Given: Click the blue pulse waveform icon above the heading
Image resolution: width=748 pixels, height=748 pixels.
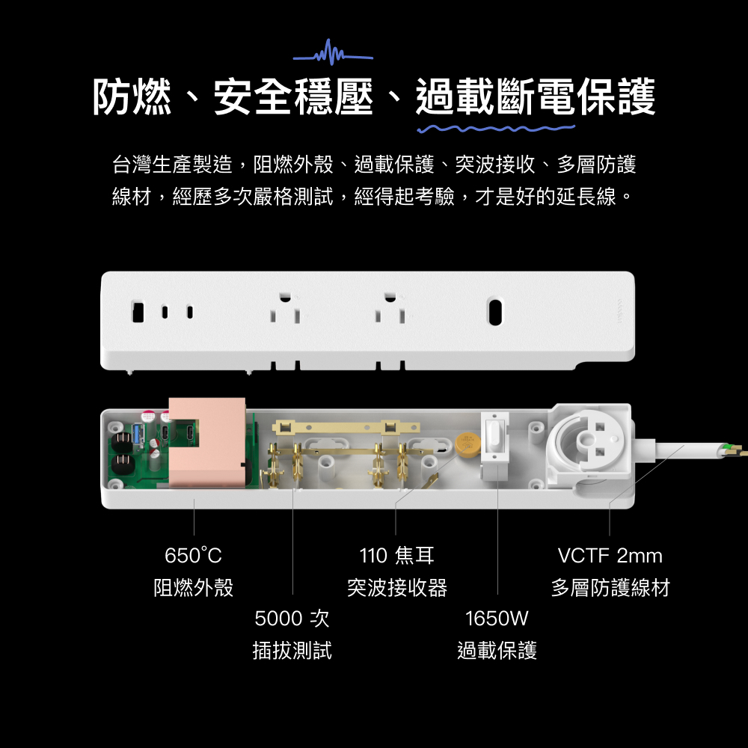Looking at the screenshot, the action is pyautogui.click(x=333, y=53).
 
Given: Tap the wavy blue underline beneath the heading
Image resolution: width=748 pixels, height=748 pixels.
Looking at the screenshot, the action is pyautogui.click(x=496, y=129).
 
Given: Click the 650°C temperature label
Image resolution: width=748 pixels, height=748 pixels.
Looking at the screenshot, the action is pyautogui.click(x=193, y=555).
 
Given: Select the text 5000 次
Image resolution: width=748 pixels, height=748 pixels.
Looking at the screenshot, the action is pyautogui.click(x=292, y=619).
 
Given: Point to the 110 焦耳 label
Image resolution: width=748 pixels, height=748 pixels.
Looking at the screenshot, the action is pyautogui.click(x=397, y=555).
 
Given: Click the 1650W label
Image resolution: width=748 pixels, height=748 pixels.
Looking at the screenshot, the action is pyautogui.click(x=497, y=619).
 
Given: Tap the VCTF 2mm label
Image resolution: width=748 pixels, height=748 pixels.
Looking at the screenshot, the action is pyautogui.click(x=610, y=555).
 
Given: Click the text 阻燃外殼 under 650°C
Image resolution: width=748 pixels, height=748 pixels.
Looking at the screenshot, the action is pyautogui.click(x=193, y=587).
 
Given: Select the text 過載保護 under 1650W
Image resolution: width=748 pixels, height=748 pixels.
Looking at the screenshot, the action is pyautogui.click(x=497, y=650).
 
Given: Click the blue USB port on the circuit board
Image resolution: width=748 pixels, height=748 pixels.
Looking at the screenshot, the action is pyautogui.click(x=139, y=435).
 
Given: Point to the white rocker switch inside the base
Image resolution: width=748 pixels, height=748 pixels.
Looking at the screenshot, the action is pyautogui.click(x=494, y=437).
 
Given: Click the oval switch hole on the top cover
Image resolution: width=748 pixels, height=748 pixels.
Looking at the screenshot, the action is pyautogui.click(x=495, y=311).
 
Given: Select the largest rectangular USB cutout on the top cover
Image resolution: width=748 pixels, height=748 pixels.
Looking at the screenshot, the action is pyautogui.click(x=138, y=312).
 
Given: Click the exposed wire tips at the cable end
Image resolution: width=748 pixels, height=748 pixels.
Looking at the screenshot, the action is pyautogui.click(x=734, y=450).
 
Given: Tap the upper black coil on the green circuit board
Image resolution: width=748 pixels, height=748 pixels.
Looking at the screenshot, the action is pyautogui.click(x=122, y=441).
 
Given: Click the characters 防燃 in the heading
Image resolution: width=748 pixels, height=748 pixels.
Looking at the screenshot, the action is pyautogui.click(x=132, y=96).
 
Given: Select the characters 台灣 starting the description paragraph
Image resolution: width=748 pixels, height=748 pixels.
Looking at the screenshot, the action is pyautogui.click(x=132, y=164).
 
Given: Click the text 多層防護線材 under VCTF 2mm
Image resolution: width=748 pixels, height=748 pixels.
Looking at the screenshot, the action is pyautogui.click(x=610, y=587).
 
